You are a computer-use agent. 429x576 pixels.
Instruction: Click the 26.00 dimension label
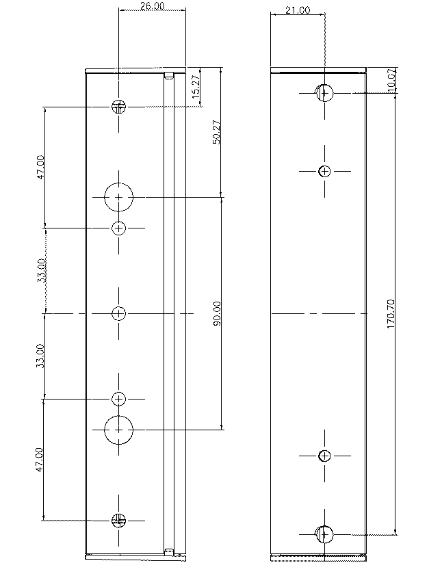click(x=152, y=6)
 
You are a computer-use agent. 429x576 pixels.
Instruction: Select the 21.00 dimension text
click(x=298, y=10)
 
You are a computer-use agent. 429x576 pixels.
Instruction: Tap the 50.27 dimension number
click(x=216, y=132)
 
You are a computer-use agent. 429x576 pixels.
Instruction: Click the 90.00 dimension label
click(x=217, y=313)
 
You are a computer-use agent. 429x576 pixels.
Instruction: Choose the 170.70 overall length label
click(x=391, y=313)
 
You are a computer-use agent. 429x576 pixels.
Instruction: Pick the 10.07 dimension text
click(x=391, y=80)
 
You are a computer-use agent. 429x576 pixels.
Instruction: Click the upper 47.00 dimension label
click(x=41, y=166)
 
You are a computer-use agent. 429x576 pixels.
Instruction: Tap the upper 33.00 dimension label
click(x=41, y=270)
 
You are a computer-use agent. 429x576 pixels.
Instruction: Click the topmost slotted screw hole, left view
click(x=119, y=106)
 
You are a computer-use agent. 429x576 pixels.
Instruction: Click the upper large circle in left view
click(x=119, y=197)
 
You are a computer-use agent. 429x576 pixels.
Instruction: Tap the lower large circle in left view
click(x=119, y=430)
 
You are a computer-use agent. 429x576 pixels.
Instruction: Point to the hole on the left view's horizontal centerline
click(x=119, y=313)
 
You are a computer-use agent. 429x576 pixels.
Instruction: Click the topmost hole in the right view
click(x=324, y=92)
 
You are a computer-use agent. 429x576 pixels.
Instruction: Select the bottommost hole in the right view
click(x=324, y=534)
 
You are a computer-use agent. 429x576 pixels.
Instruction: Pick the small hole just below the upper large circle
click(x=119, y=228)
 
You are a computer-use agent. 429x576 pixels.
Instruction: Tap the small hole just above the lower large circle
click(x=119, y=398)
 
